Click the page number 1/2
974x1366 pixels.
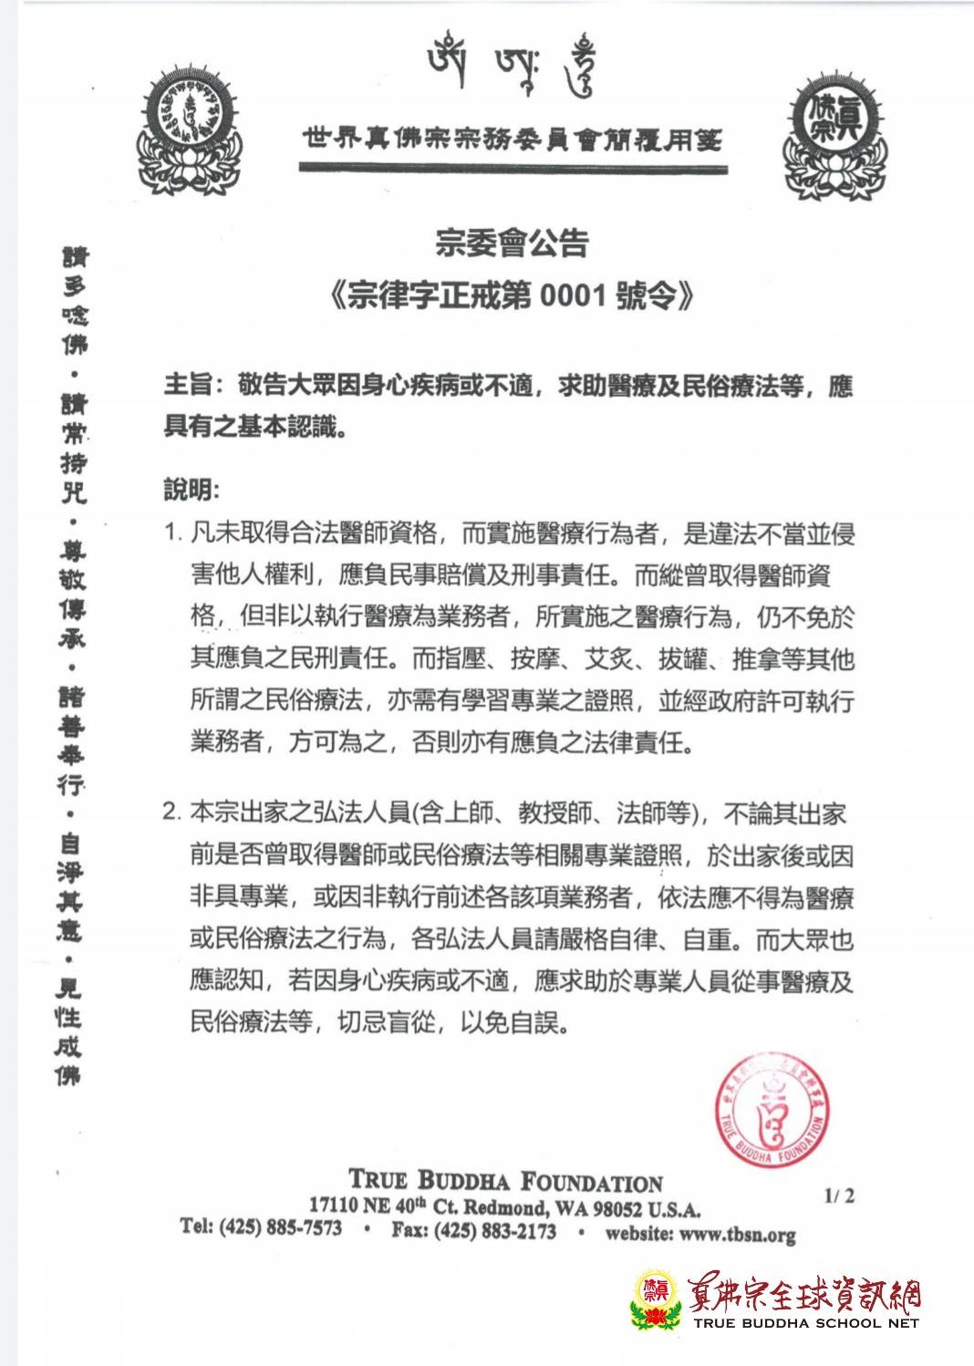(839, 1195)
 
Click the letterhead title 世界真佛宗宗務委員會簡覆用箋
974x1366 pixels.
(511, 139)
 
